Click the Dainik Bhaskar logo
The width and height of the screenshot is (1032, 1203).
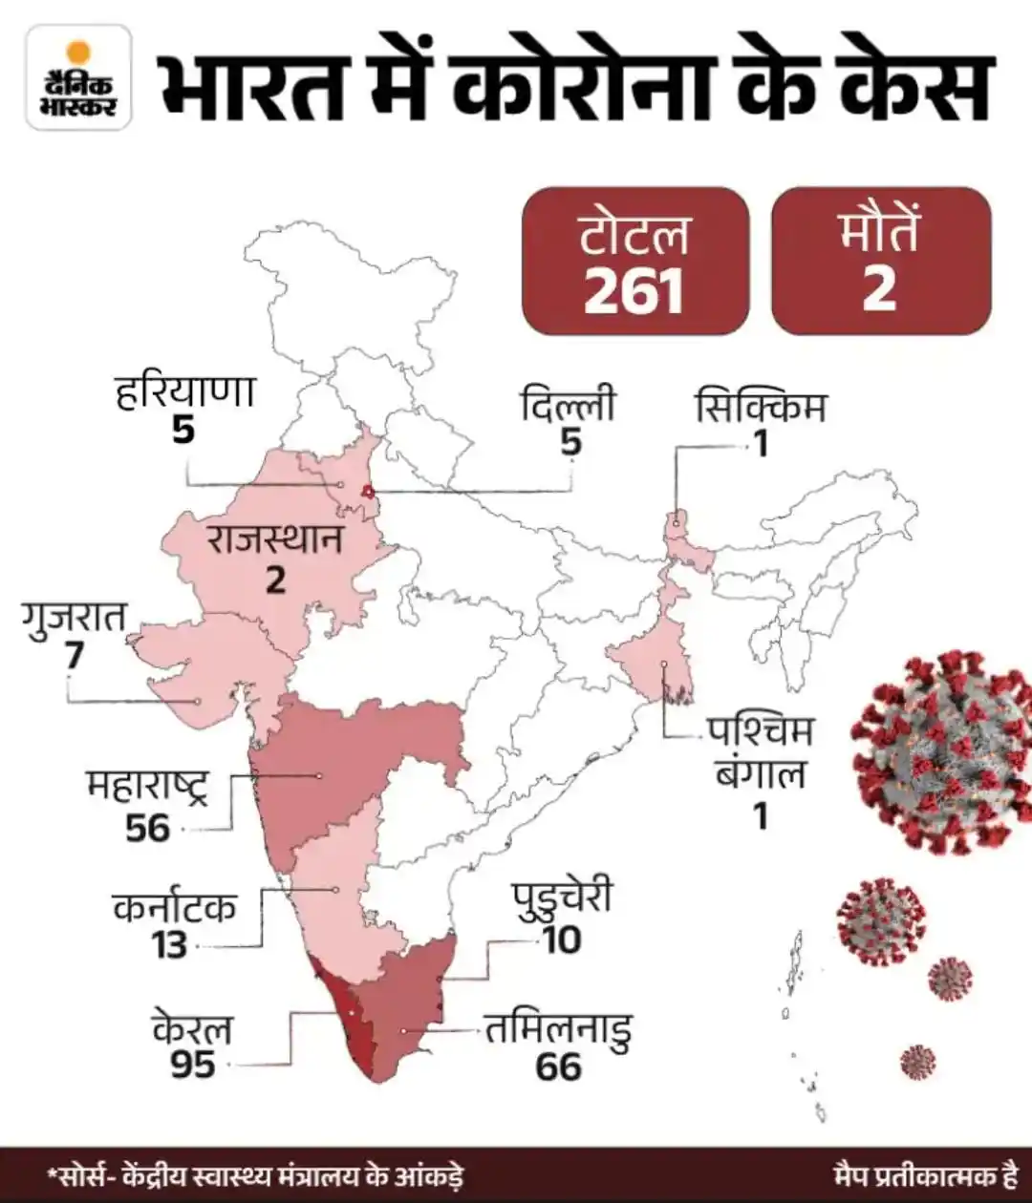pyautogui.click(x=78, y=77)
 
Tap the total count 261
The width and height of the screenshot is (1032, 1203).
pyautogui.click(x=634, y=290)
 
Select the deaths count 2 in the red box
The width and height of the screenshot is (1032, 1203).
pyautogui.click(x=879, y=287)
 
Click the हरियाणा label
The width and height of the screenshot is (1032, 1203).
pyautogui.click(x=184, y=392)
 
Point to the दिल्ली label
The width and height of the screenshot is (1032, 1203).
pyautogui.click(x=569, y=406)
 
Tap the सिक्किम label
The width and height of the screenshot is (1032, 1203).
pyautogui.click(x=760, y=407)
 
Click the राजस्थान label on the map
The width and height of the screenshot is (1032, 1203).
pyautogui.click(x=274, y=539)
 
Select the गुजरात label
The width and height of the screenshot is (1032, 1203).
pyautogui.click(x=74, y=617)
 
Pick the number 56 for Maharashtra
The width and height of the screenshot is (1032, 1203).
pyautogui.click(x=147, y=827)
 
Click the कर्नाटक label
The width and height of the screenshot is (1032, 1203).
pyautogui.click(x=173, y=906)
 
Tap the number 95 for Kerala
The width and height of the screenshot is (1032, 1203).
pyautogui.click(x=193, y=1064)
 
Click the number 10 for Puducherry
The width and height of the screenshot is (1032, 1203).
pyautogui.click(x=562, y=939)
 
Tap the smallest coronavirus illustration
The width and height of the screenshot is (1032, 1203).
pyautogui.click(x=917, y=1061)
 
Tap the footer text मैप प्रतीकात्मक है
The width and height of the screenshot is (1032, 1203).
pyautogui.click(x=924, y=1173)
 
